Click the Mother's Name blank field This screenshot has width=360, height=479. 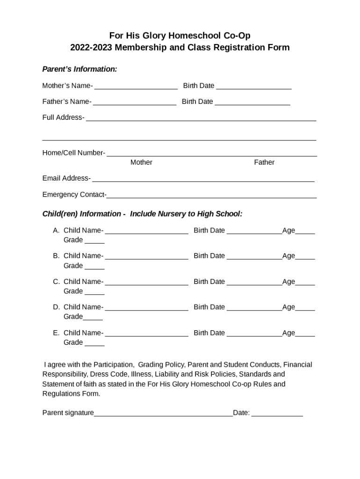(136, 86)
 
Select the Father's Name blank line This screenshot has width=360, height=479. (135, 102)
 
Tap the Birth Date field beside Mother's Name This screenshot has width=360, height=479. (254, 86)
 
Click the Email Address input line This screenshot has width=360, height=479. (203, 179)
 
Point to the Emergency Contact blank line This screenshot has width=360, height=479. (211, 195)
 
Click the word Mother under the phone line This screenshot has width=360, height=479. (141, 162)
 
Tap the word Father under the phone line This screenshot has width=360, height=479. (264, 162)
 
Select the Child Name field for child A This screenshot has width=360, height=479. (147, 231)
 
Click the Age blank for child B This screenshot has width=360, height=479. (305, 256)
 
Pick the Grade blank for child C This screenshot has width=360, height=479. (94, 292)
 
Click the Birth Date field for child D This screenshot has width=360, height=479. (254, 307)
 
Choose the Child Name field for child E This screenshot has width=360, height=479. (147, 333)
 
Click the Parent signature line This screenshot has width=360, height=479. (163, 413)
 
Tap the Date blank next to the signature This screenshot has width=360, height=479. (277, 413)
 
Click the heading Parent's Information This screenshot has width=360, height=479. (79, 69)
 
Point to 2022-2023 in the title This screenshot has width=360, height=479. (92, 47)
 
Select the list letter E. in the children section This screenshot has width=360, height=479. (56, 333)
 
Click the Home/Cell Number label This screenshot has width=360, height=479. (73, 153)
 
